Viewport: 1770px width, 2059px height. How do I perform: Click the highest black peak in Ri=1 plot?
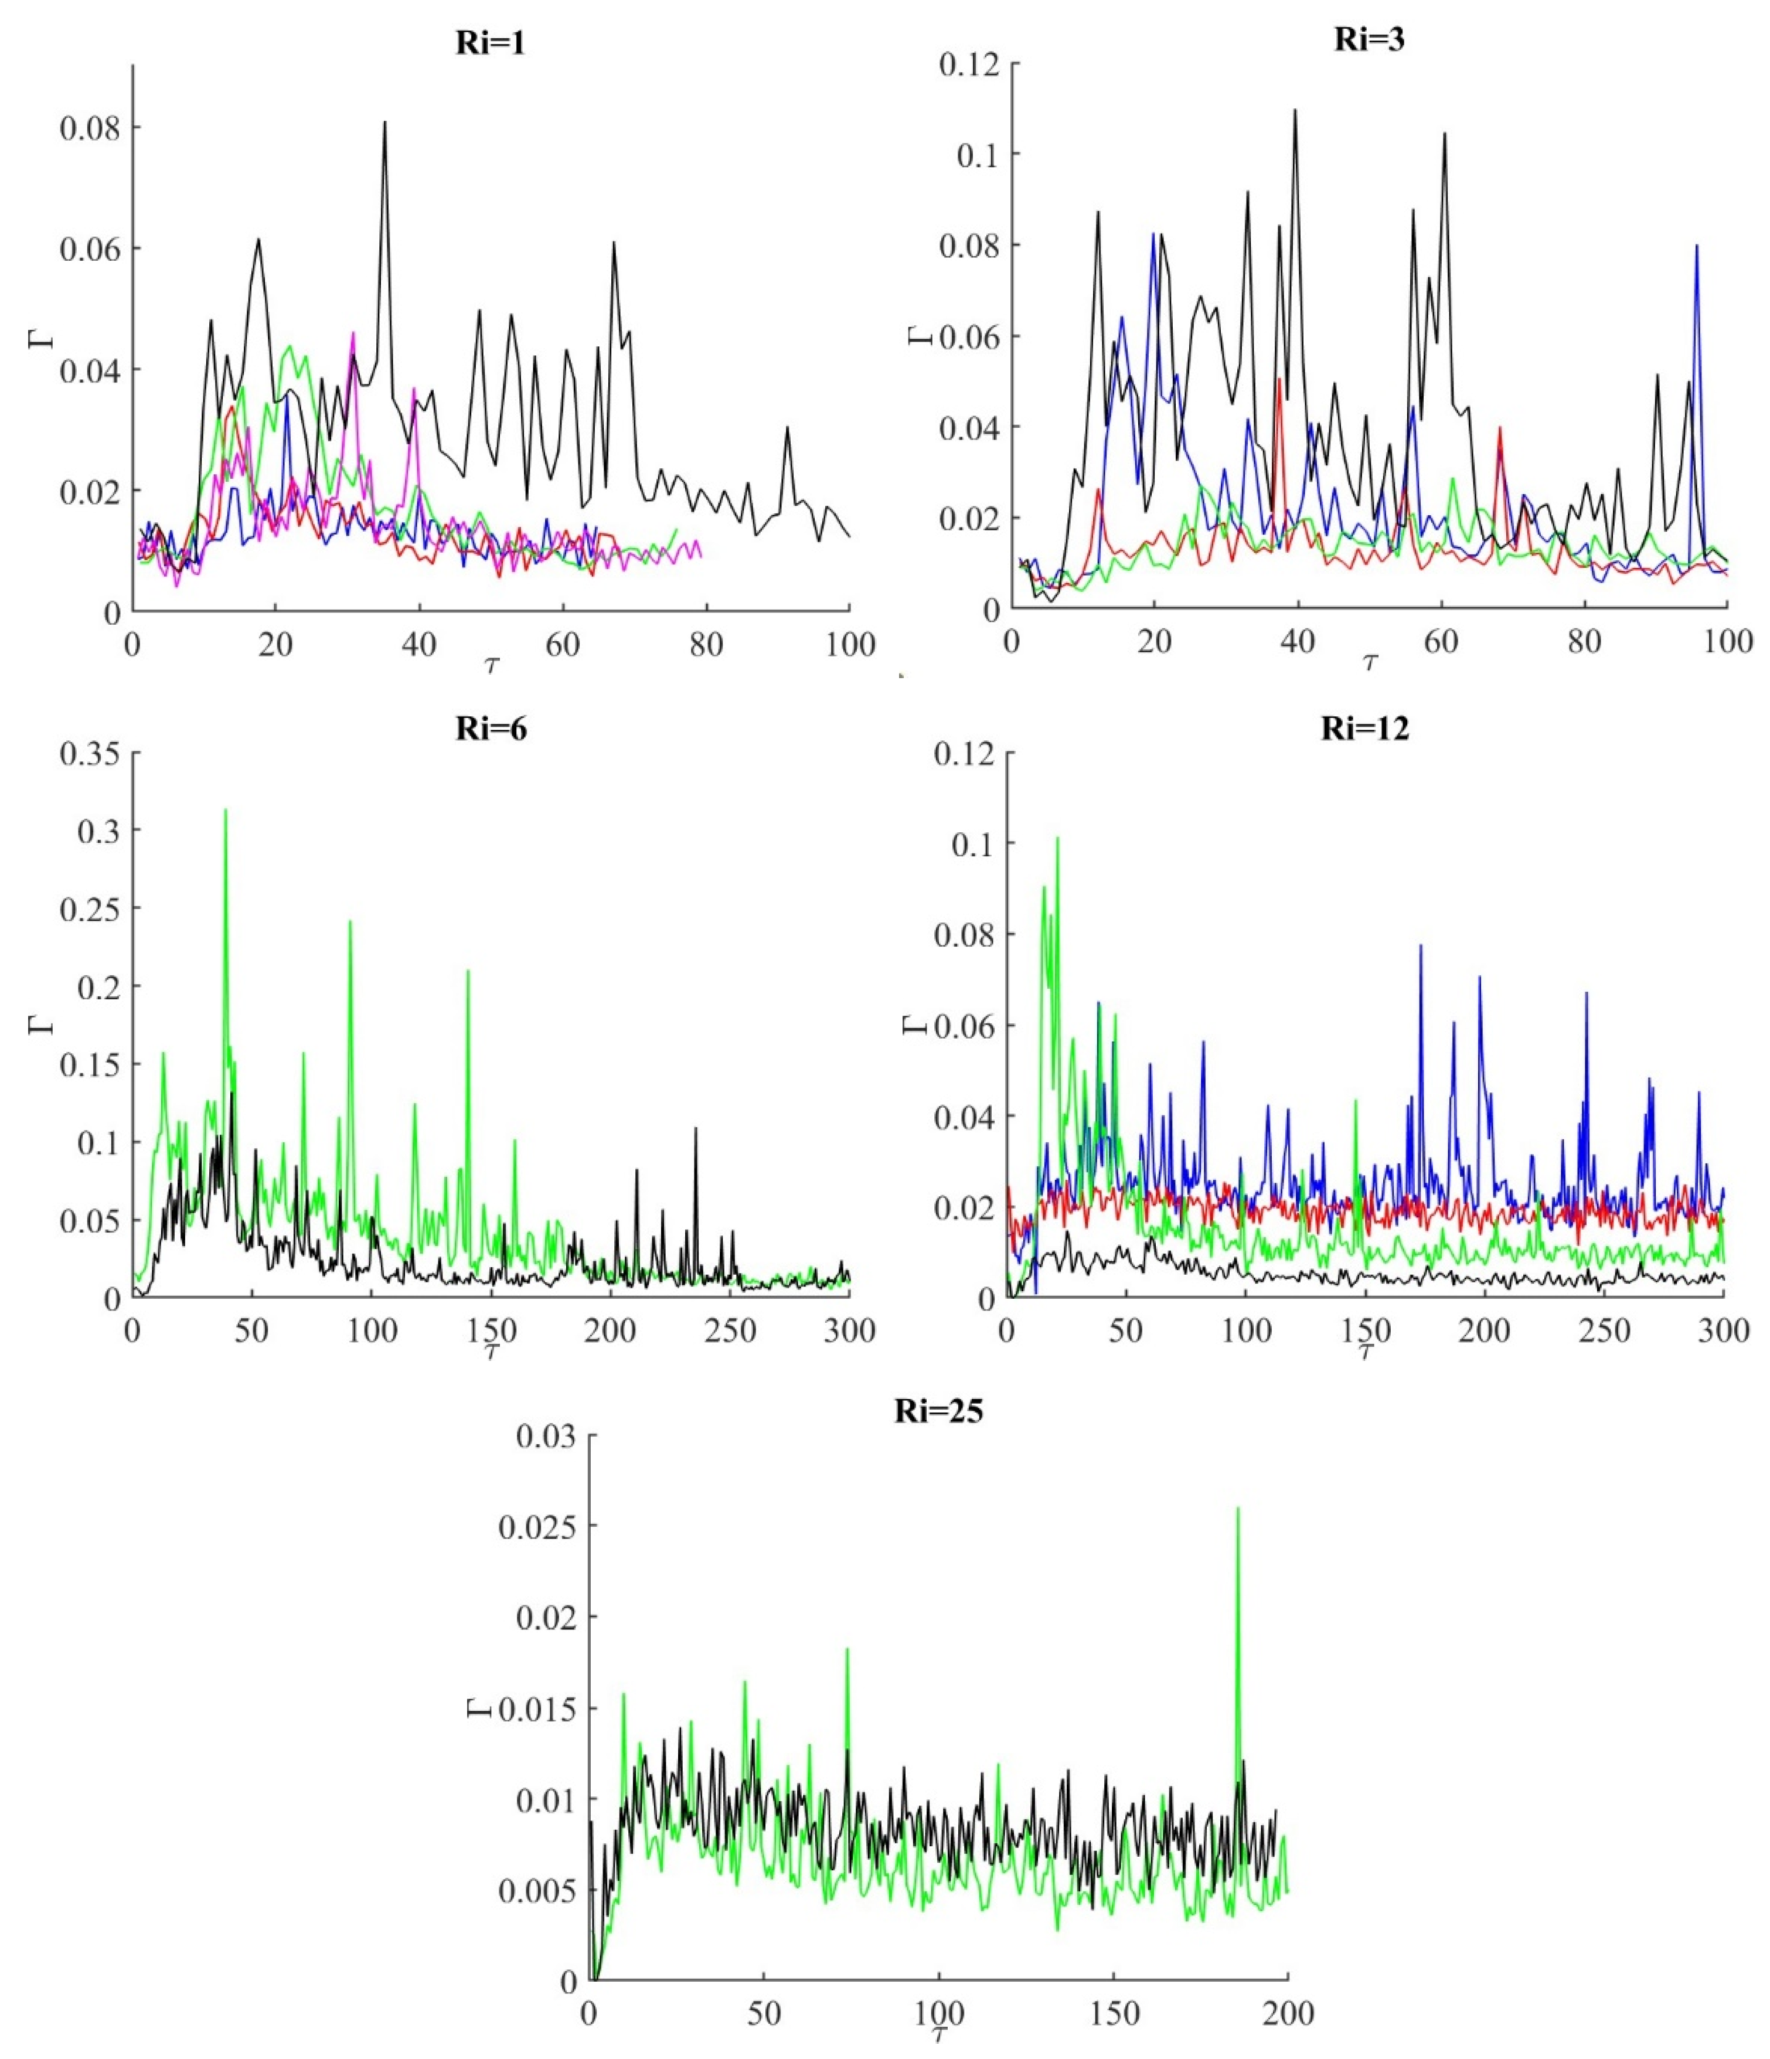coord(384,123)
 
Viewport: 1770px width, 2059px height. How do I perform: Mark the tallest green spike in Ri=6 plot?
coord(226,811)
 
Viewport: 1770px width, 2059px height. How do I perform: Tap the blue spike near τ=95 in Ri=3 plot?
coord(1697,246)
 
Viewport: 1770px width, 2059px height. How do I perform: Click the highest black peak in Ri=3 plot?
coord(1295,110)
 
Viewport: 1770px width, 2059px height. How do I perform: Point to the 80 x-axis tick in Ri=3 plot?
coord(1584,641)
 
